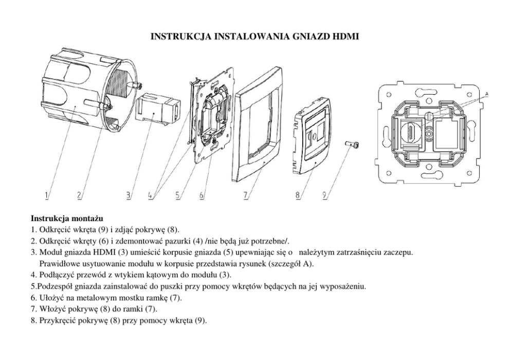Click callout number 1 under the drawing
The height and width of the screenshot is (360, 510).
tap(47, 195)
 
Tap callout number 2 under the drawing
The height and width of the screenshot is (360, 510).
tap(79, 195)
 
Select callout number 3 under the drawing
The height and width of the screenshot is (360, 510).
tap(129, 195)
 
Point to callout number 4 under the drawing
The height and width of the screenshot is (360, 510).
tap(150, 195)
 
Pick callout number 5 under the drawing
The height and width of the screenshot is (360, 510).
tap(177, 195)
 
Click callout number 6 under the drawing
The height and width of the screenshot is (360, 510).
tap(202, 195)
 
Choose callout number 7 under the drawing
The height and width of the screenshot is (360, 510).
tap(246, 195)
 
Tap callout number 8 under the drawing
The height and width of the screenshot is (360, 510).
tap(298, 195)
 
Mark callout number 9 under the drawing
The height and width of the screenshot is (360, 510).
tap(324, 195)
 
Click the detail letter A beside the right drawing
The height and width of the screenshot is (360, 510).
tap(486, 95)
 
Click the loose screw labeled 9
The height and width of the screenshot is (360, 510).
tap(352, 145)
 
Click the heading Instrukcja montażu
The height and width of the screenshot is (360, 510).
tap(67, 218)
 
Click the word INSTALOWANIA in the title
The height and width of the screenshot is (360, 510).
tap(251, 36)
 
